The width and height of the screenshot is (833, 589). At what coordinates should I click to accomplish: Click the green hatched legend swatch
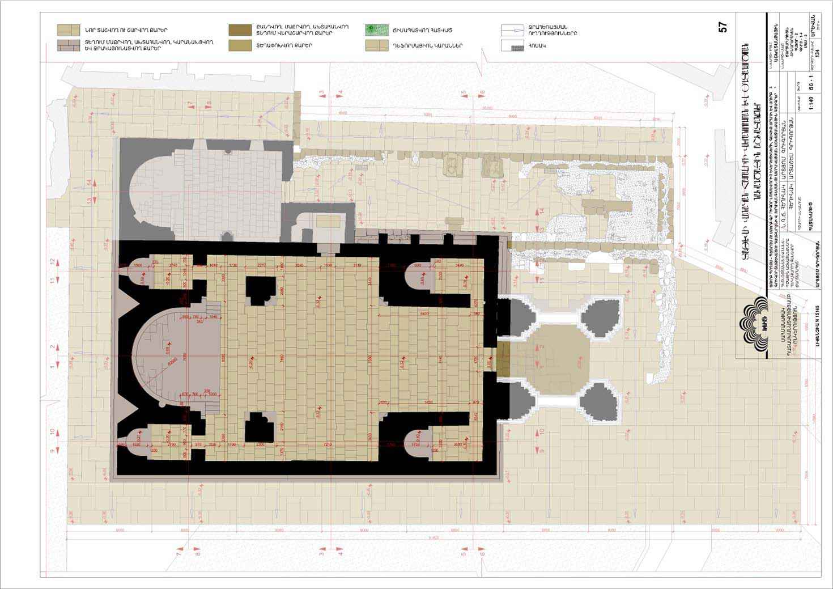click(377, 30)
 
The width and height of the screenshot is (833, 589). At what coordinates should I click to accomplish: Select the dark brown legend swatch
click(240, 30)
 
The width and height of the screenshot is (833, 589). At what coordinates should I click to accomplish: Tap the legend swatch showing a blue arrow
click(513, 30)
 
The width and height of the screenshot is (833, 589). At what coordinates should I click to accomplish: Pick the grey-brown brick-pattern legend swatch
click(69, 45)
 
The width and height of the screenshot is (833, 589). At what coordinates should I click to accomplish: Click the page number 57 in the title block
click(722, 27)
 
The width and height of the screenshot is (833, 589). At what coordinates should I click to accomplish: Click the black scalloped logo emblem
click(753, 323)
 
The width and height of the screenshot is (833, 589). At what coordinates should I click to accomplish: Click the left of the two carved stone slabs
click(454, 166)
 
